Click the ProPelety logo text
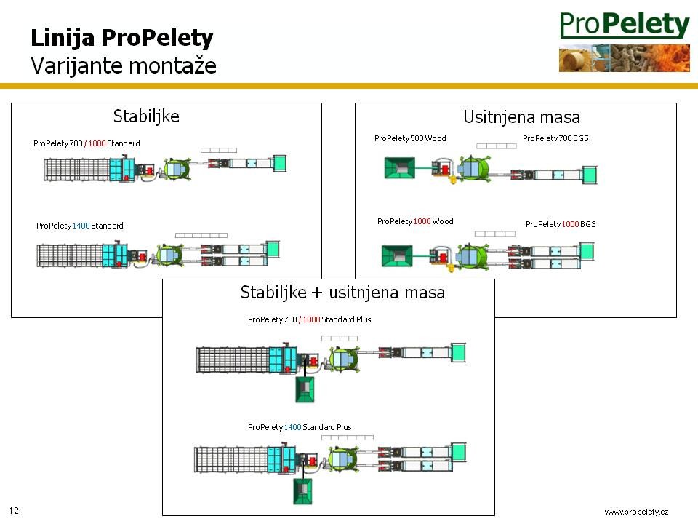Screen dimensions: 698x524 coord(624,25)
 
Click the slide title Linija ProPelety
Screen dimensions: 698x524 coord(122,38)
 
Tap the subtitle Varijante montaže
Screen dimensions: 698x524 coord(124,65)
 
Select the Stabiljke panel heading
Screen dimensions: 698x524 coord(146,116)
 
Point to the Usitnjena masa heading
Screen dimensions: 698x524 coord(522,117)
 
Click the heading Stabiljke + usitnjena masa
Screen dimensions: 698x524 coord(342,293)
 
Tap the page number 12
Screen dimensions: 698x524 coord(14,511)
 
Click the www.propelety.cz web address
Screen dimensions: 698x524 coord(636,512)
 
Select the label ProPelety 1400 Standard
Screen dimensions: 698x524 coord(80,226)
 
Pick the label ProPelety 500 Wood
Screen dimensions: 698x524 coord(410,138)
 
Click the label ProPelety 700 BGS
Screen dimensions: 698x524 coord(555,138)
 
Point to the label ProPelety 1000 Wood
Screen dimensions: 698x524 coord(415,221)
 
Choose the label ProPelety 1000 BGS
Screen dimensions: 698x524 coord(561,224)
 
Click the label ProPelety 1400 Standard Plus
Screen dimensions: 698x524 coord(300,427)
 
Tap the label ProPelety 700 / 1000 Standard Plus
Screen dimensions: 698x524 coord(310,319)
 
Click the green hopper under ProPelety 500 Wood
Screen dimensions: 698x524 coord(399,167)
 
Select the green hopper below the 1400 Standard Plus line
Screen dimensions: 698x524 coord(302,491)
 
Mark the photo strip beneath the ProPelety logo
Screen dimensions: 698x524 coord(624,58)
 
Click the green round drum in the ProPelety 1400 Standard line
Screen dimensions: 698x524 coord(169,255)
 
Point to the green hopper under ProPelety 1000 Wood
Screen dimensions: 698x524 coord(397,255)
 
